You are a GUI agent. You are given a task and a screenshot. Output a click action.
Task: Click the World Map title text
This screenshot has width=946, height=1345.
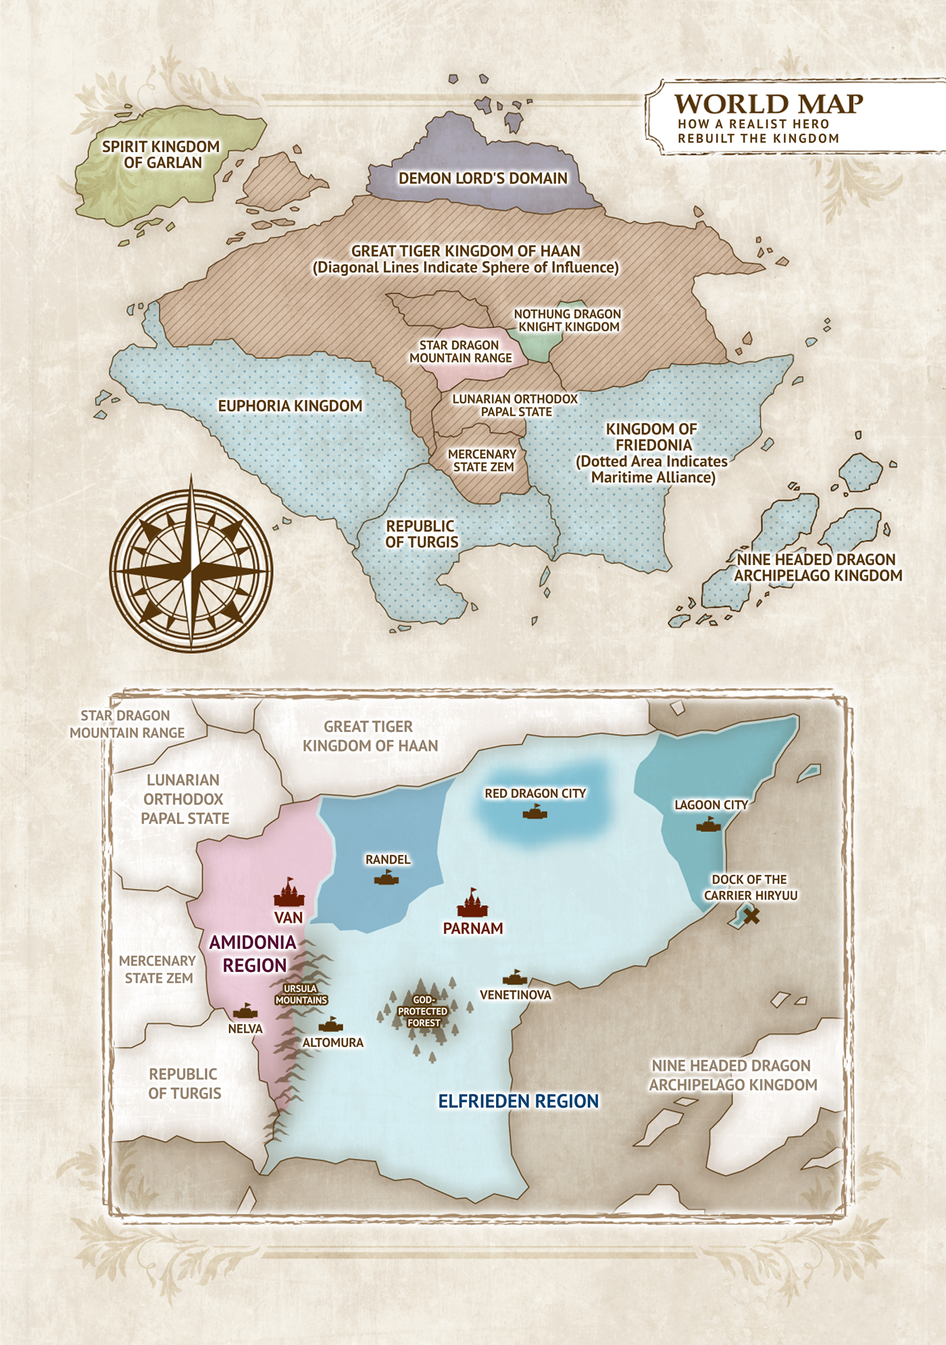[x=768, y=104]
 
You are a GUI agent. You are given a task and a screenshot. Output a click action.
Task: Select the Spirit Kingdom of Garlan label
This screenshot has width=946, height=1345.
[x=161, y=155]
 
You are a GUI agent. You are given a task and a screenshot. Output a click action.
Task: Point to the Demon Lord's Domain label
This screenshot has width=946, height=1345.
[x=482, y=178]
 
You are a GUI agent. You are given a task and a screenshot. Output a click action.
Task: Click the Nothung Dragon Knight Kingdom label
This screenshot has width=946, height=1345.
[x=568, y=320]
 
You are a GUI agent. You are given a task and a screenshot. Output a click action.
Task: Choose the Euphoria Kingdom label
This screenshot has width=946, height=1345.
[x=290, y=406]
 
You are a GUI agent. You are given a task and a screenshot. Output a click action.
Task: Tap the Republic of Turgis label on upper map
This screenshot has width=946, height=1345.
[x=422, y=534]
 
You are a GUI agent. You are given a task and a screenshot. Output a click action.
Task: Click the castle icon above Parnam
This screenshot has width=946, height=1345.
[x=472, y=902]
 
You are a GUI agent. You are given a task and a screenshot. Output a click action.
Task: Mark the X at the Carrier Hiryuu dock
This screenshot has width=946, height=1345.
[x=751, y=916]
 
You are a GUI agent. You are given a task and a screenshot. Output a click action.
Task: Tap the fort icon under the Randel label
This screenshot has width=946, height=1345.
[x=387, y=877]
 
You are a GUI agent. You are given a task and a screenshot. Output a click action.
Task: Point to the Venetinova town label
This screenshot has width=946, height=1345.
[x=516, y=995]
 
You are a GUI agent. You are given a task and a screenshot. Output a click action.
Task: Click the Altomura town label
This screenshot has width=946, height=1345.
[x=332, y=1043]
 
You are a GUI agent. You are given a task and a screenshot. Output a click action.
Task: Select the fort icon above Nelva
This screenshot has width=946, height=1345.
[x=245, y=1011]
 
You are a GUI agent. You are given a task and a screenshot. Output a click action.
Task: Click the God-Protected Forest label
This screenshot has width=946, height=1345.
[x=423, y=1012]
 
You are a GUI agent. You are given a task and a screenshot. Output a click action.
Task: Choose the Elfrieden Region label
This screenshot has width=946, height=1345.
[x=518, y=1102]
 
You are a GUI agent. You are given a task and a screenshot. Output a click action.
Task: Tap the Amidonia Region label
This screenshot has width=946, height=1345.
[x=253, y=954]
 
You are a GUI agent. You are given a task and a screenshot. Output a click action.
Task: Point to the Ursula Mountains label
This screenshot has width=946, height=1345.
[x=301, y=994]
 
